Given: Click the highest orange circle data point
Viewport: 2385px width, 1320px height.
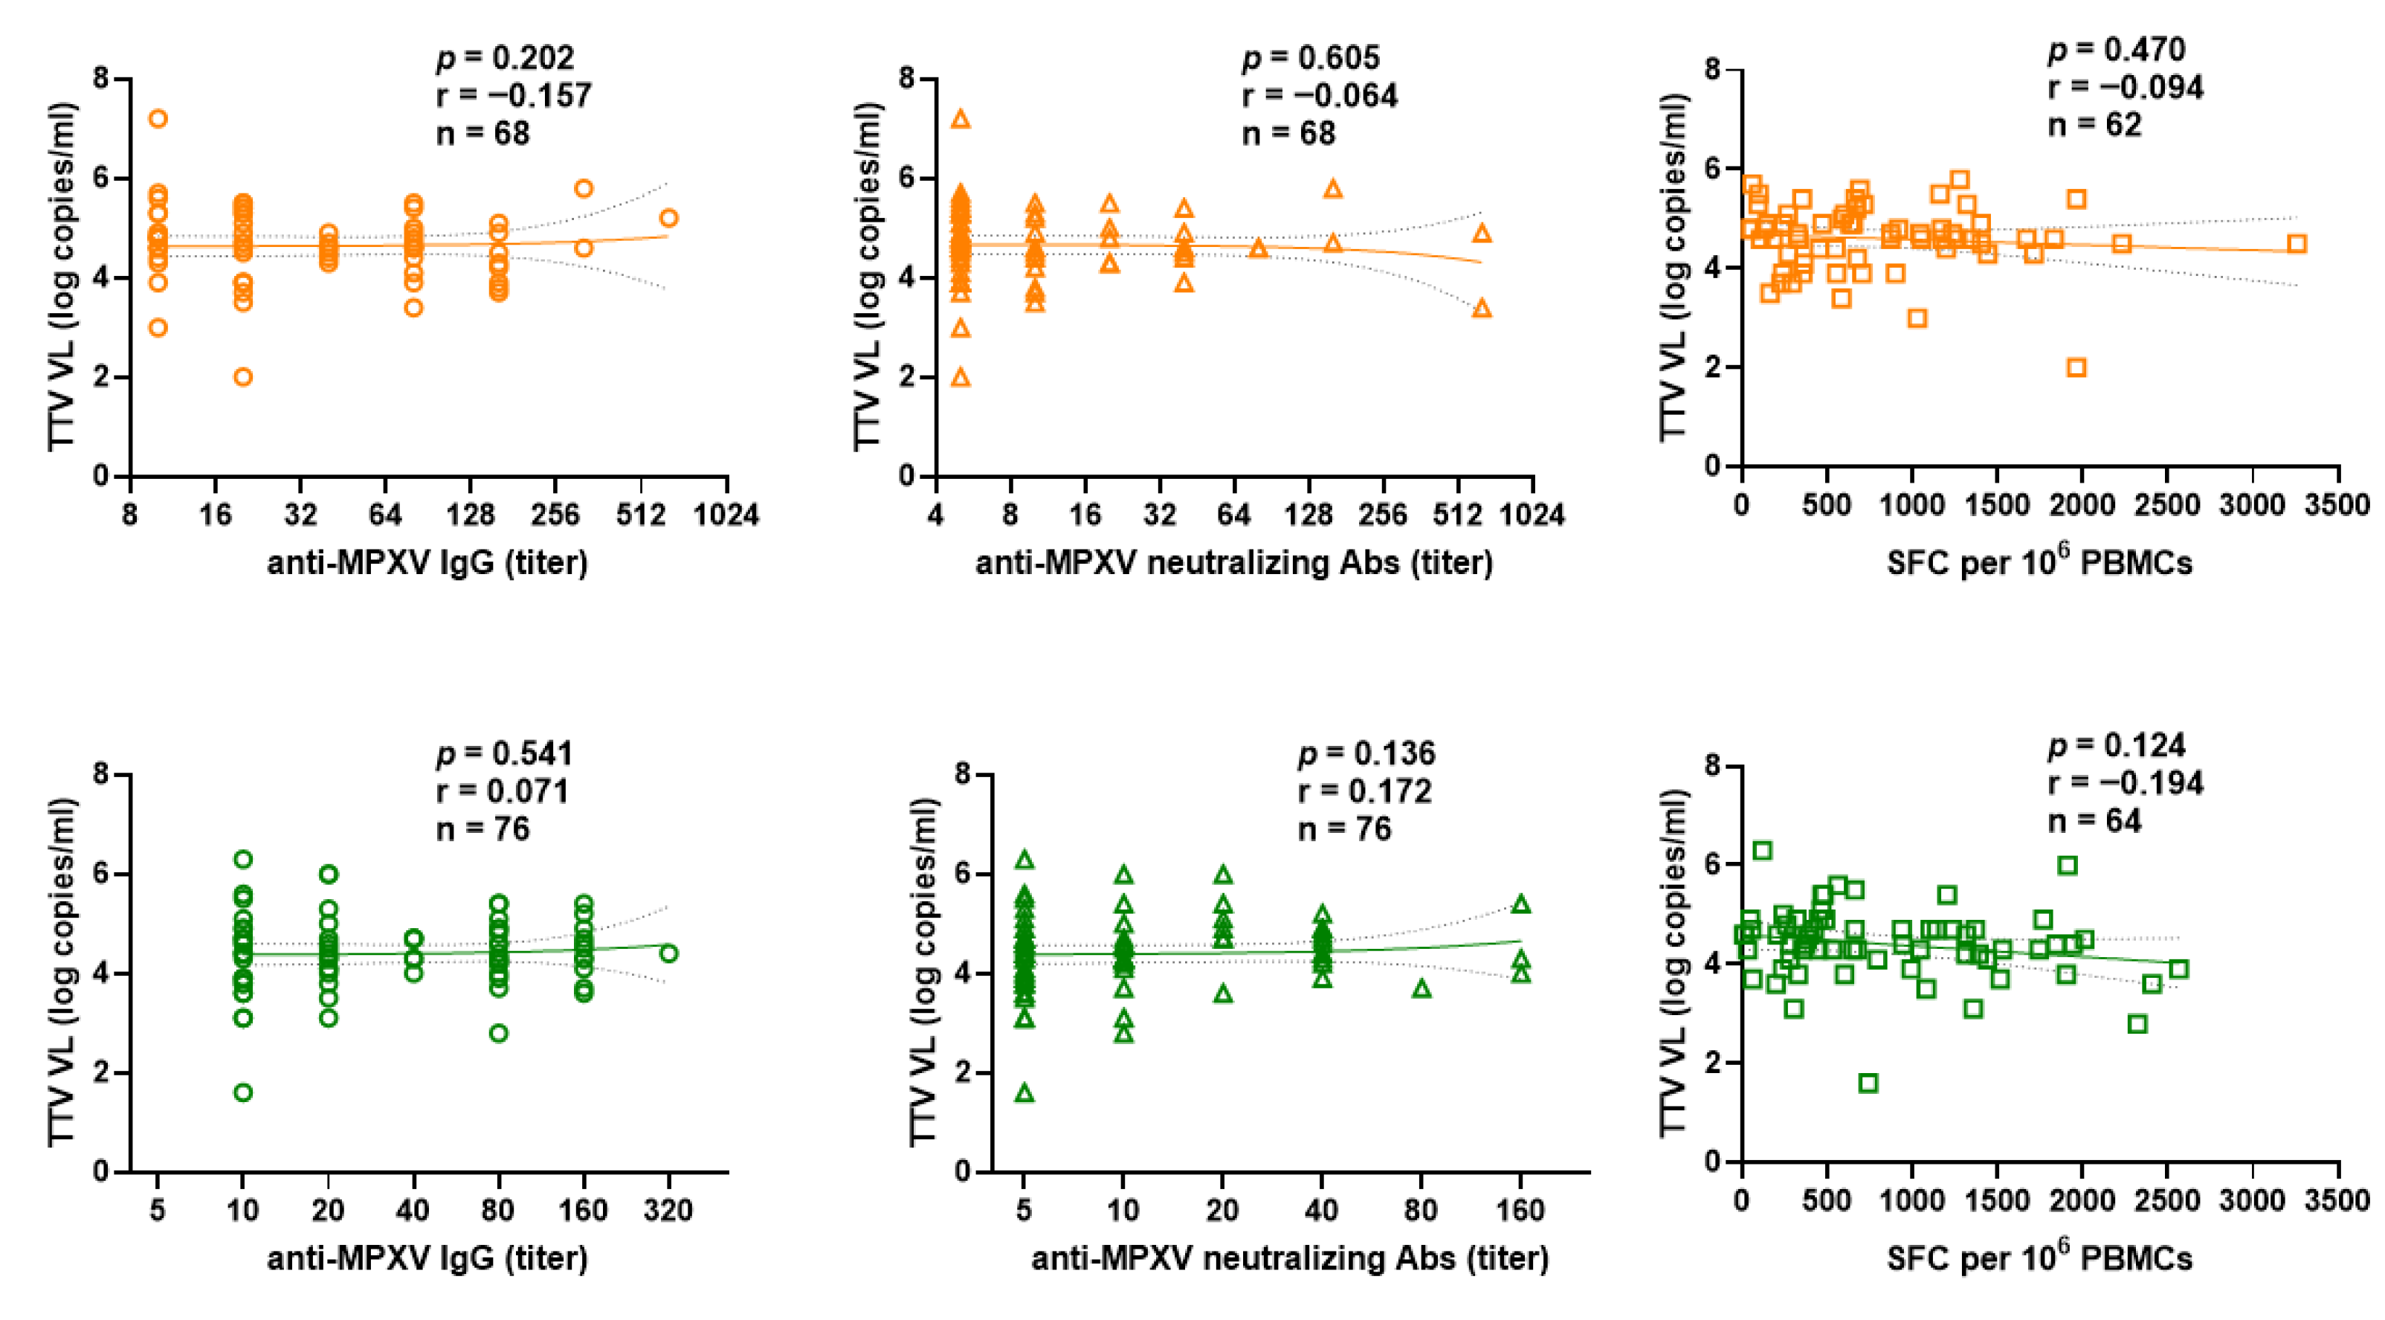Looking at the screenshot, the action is pos(158,118).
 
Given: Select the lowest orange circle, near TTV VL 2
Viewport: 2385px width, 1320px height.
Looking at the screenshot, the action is pos(242,377).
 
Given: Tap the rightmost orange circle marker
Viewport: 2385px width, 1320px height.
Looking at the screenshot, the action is pos(668,219).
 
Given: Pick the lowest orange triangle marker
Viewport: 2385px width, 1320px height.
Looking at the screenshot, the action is pos(961,377).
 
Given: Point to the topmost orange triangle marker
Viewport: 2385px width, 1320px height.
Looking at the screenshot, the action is pos(961,118).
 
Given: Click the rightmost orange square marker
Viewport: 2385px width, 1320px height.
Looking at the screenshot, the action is pos(2297,244).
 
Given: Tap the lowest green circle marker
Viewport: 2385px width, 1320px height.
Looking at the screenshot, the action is pos(242,1093).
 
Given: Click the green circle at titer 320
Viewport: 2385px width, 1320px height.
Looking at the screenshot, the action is pos(668,953).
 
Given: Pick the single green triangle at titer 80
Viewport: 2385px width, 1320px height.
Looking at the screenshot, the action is pos(1421,989).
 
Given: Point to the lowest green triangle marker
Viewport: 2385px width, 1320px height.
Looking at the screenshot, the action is pos(1024,1093).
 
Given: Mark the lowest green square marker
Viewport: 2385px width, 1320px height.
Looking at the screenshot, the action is pos(1868,1083).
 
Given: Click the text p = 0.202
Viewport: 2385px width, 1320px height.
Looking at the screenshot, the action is pos(506,58).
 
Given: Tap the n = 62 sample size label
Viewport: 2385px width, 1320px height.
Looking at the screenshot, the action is pos(2094,124).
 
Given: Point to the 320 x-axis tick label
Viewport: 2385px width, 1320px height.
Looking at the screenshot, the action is pos(668,1210).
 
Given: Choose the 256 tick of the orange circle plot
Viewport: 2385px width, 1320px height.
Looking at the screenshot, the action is pos(555,514).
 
